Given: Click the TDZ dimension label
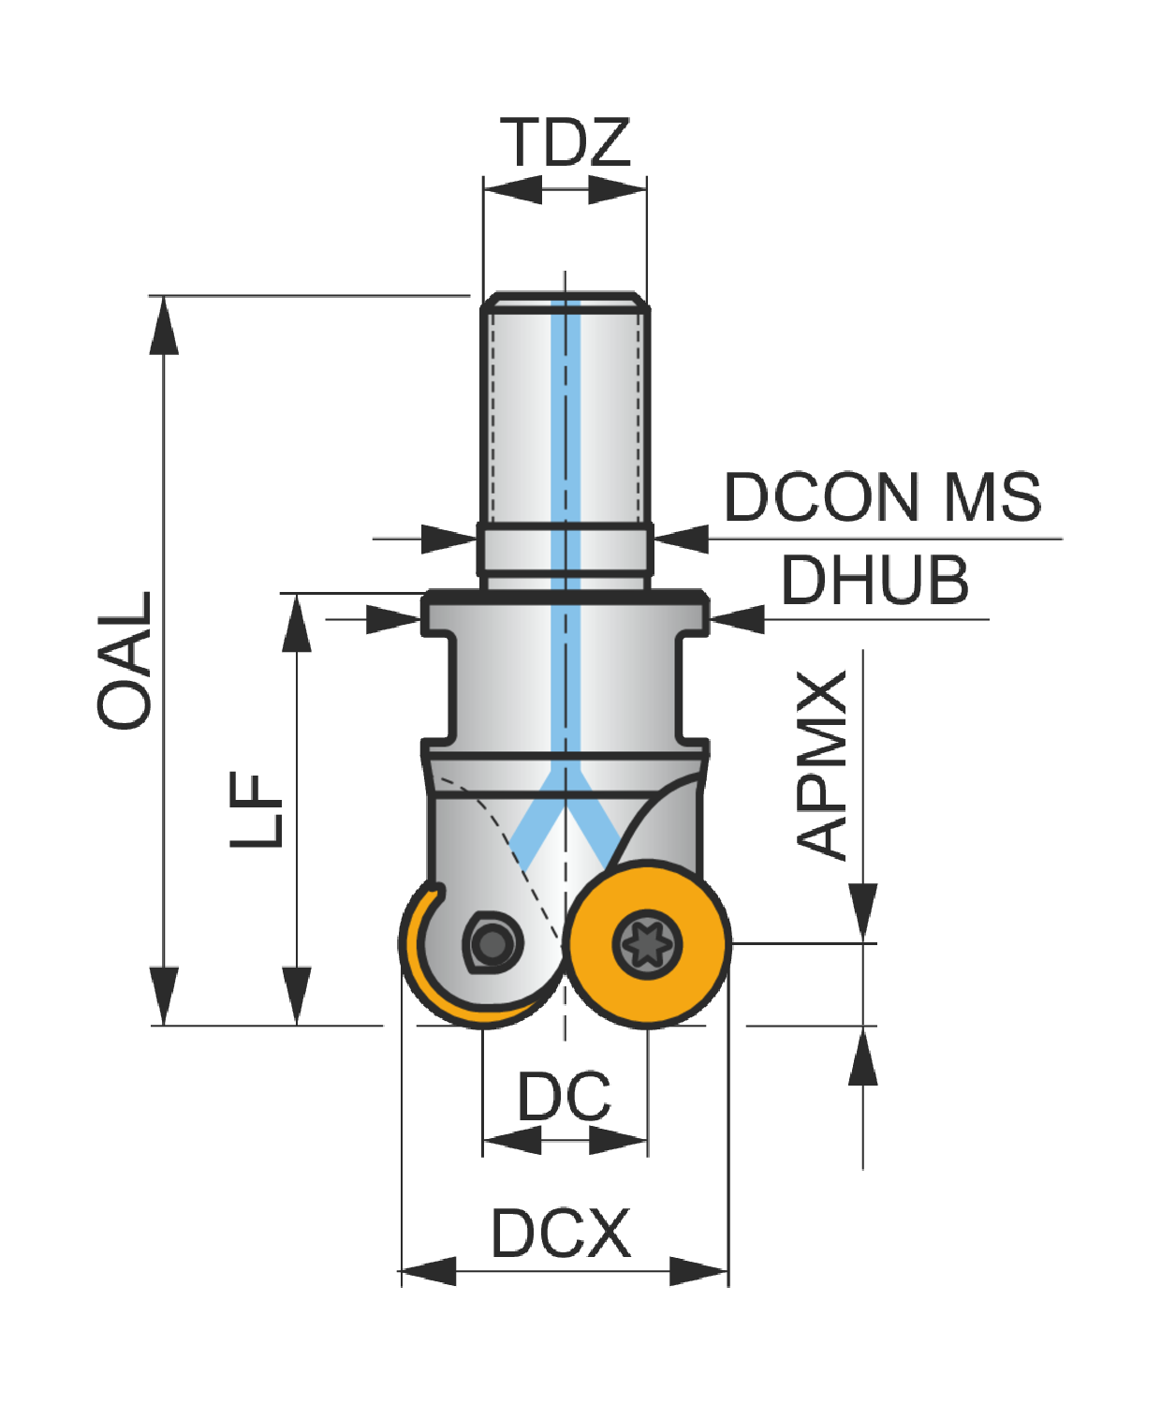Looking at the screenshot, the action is (x=565, y=142).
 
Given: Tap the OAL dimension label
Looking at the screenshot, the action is (x=124, y=660).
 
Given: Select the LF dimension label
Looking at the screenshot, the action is (x=256, y=810).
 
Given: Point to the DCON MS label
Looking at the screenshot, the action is (x=883, y=497).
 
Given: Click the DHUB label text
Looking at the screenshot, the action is (x=874, y=581).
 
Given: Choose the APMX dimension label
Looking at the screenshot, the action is (x=820, y=765).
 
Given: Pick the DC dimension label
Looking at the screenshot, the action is (x=564, y=1096).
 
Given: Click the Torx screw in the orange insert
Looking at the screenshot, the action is (x=647, y=944).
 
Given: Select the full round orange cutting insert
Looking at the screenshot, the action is (x=647, y=944).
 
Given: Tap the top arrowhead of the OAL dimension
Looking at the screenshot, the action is (x=164, y=325).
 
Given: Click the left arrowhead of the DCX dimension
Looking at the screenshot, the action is (x=428, y=1271).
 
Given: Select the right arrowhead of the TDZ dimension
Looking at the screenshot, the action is (x=618, y=190).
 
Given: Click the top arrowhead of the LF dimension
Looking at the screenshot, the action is (x=297, y=623).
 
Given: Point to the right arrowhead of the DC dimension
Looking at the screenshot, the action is (x=618, y=1140).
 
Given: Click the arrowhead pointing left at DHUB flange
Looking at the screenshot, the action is (x=737, y=619).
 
